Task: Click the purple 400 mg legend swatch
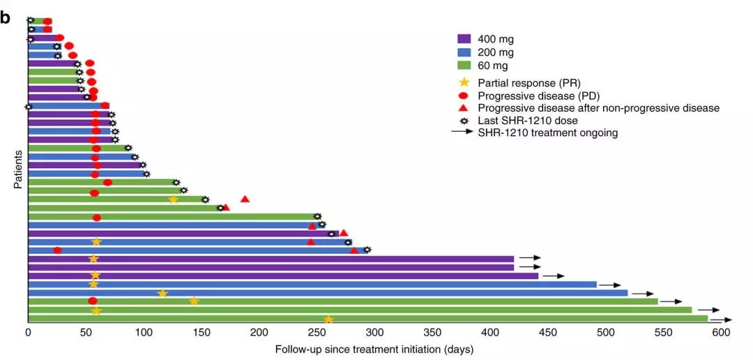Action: (464, 39)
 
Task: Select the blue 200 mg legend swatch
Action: (464, 52)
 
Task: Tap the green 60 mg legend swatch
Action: (464, 66)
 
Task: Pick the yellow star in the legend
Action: (464, 82)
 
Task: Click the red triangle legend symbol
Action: (464, 108)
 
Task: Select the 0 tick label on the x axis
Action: (29, 333)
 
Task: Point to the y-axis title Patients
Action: (17, 169)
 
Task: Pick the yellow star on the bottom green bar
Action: (328, 320)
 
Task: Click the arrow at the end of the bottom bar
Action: (721, 320)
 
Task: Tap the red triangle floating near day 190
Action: (245, 199)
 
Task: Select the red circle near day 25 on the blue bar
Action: (57, 250)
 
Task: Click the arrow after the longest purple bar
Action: (553, 276)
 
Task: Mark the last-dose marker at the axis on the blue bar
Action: (29, 106)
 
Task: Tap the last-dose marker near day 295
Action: (367, 250)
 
